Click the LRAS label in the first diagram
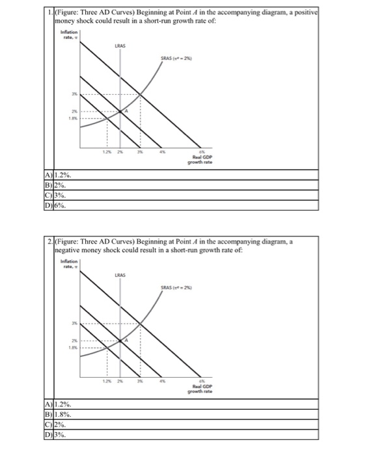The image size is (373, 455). click(x=119, y=46)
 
